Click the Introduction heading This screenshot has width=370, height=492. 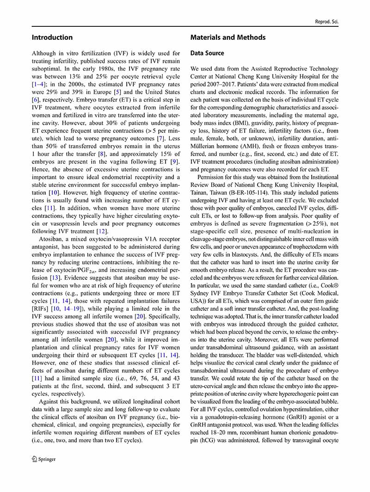click(x=52, y=37)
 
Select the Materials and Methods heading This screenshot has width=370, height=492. click(x=228, y=37)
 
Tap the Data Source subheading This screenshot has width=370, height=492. click(x=207, y=54)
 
